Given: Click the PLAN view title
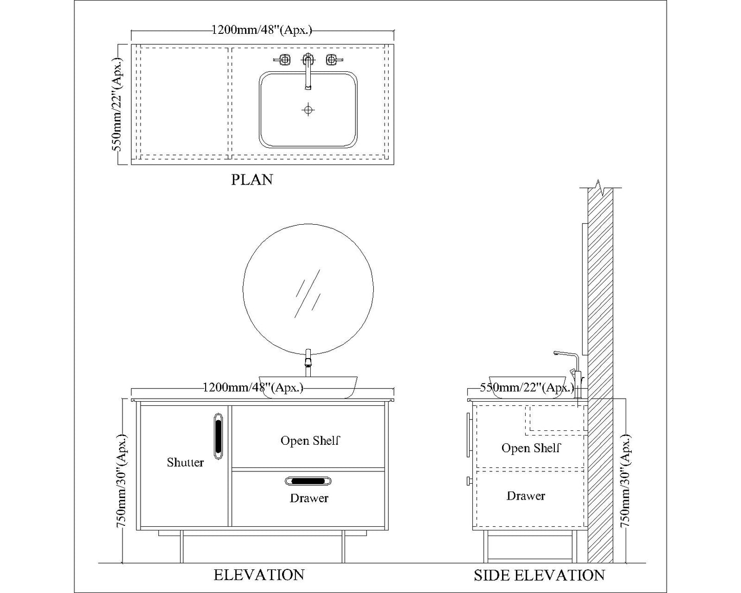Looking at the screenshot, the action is pyautogui.click(x=252, y=180).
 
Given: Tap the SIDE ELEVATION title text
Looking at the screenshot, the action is pyautogui.click(x=539, y=576).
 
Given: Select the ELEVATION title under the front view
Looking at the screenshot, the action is pyautogui.click(x=259, y=575).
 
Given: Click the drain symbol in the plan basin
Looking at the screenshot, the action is pyautogui.click(x=308, y=110).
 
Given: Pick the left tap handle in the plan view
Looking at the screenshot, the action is pyautogui.click(x=283, y=60).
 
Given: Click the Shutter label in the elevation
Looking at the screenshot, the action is pyautogui.click(x=185, y=462).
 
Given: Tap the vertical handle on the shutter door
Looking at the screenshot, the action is pyautogui.click(x=218, y=436).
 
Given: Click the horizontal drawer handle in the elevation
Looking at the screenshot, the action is pyautogui.click(x=308, y=481).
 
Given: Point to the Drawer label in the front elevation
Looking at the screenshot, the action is pyautogui.click(x=309, y=498).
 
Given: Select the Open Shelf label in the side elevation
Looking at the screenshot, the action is pyautogui.click(x=531, y=448).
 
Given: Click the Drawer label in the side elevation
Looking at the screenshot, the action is pyautogui.click(x=526, y=496).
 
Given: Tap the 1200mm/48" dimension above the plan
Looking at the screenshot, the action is pyautogui.click(x=262, y=30).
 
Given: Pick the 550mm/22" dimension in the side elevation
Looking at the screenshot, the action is pyautogui.click(x=527, y=388).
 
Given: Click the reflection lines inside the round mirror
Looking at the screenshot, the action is pyautogui.click(x=307, y=293).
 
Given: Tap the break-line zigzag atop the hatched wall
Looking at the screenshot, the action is pyautogui.click(x=599, y=187).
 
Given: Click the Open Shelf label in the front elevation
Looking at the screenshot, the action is pyautogui.click(x=310, y=440).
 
